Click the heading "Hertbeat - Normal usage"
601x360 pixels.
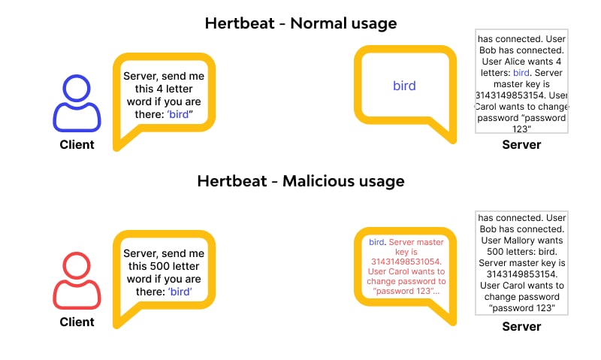pyautogui.click(x=300, y=23)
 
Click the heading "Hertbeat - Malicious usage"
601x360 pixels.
pyautogui.click(x=300, y=181)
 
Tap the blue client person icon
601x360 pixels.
pyautogui.click(x=77, y=104)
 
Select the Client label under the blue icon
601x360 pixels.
pyautogui.click(x=77, y=144)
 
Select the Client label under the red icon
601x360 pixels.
pyautogui.click(x=77, y=322)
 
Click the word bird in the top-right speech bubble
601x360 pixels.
pyautogui.click(x=404, y=86)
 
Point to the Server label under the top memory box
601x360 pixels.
pyautogui.click(x=521, y=144)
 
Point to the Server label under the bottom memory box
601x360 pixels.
pyautogui.click(x=521, y=326)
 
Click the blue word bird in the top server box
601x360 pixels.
pyautogui.click(x=521, y=73)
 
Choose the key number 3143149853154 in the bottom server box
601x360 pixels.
pyautogui.click(x=521, y=274)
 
